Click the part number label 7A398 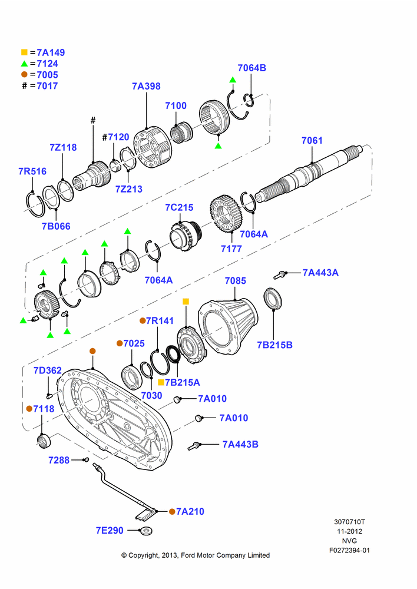pyautogui.click(x=146, y=86)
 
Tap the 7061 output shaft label pyautogui.click(x=312, y=141)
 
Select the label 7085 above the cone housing pyautogui.click(x=235, y=280)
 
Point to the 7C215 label pyautogui.click(x=179, y=207)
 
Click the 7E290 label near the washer pyautogui.click(x=110, y=531)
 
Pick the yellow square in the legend pyautogui.click(x=24, y=52)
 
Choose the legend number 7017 pyautogui.click(x=47, y=85)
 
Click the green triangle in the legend pyautogui.click(x=24, y=64)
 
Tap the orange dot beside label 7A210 pyautogui.click(x=171, y=511)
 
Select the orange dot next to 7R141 pyautogui.click(x=143, y=320)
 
